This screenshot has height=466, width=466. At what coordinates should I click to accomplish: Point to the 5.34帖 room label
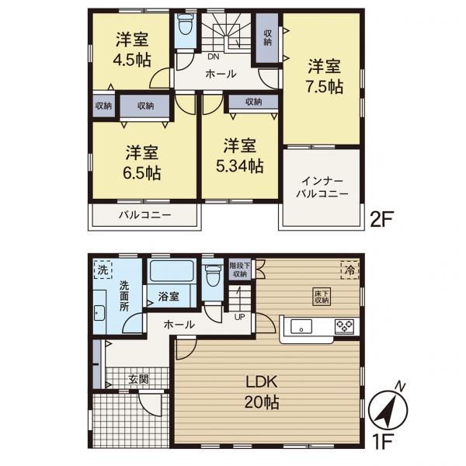(x=239, y=156)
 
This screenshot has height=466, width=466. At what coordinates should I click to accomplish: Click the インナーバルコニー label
(x=321, y=186)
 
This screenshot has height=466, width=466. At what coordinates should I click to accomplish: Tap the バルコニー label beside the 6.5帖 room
(x=145, y=214)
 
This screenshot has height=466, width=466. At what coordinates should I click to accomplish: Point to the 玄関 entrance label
(x=138, y=380)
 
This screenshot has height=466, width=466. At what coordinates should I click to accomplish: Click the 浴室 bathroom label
(x=169, y=297)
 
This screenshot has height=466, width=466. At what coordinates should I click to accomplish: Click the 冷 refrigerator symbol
(x=349, y=270)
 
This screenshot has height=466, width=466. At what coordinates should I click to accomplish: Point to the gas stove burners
(x=344, y=325)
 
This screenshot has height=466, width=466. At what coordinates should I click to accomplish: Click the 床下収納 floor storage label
(x=322, y=296)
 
